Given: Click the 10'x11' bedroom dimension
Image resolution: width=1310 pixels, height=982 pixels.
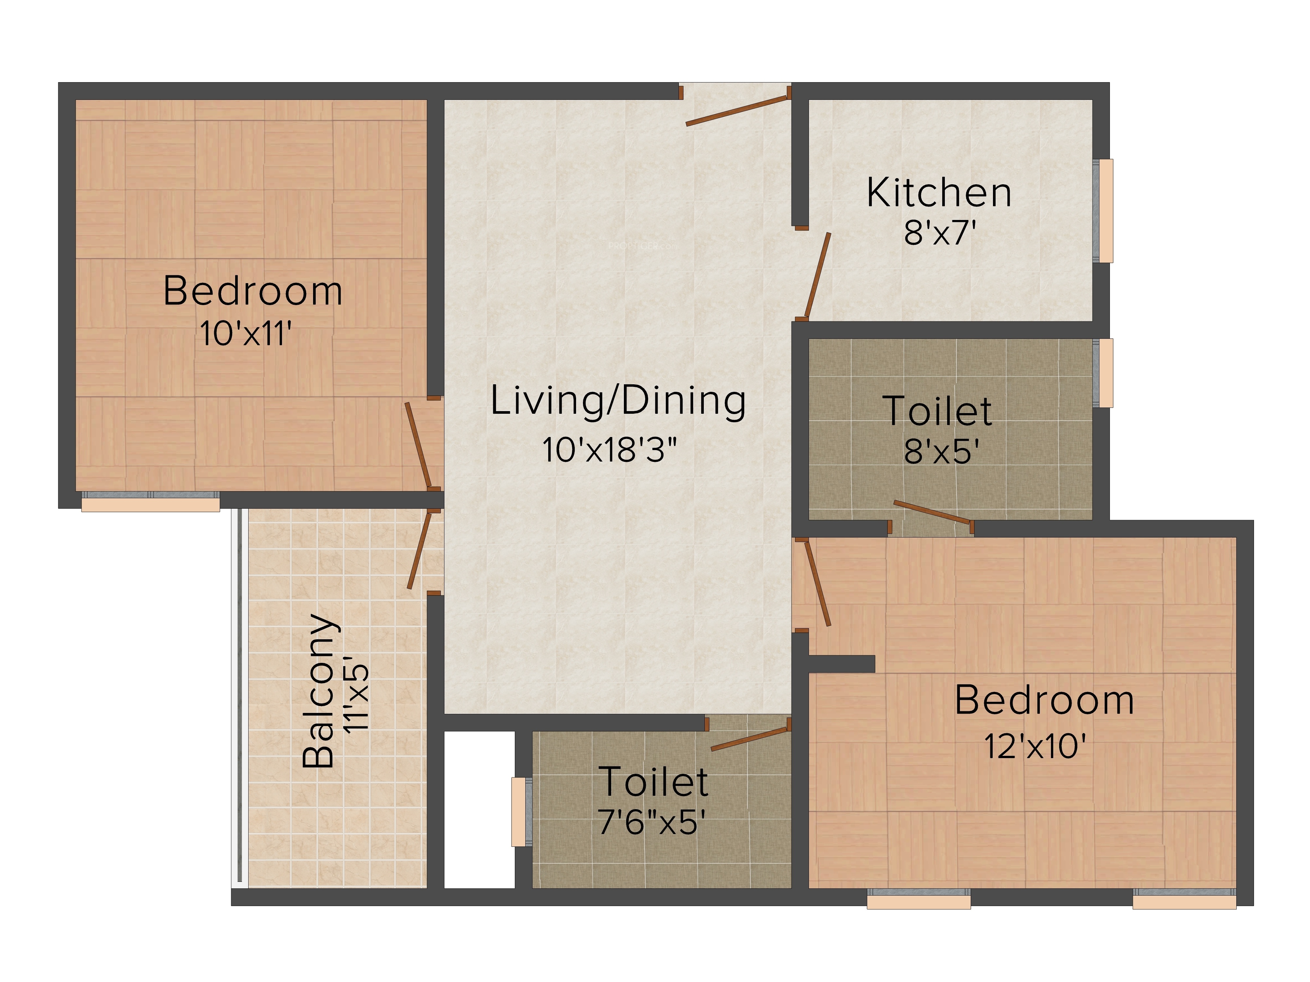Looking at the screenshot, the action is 245,333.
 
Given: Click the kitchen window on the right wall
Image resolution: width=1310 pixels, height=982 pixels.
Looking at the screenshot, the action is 1103,211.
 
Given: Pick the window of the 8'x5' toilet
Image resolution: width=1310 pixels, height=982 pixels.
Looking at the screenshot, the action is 1103,373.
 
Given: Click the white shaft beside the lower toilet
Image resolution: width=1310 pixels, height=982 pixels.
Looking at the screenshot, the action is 479,810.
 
